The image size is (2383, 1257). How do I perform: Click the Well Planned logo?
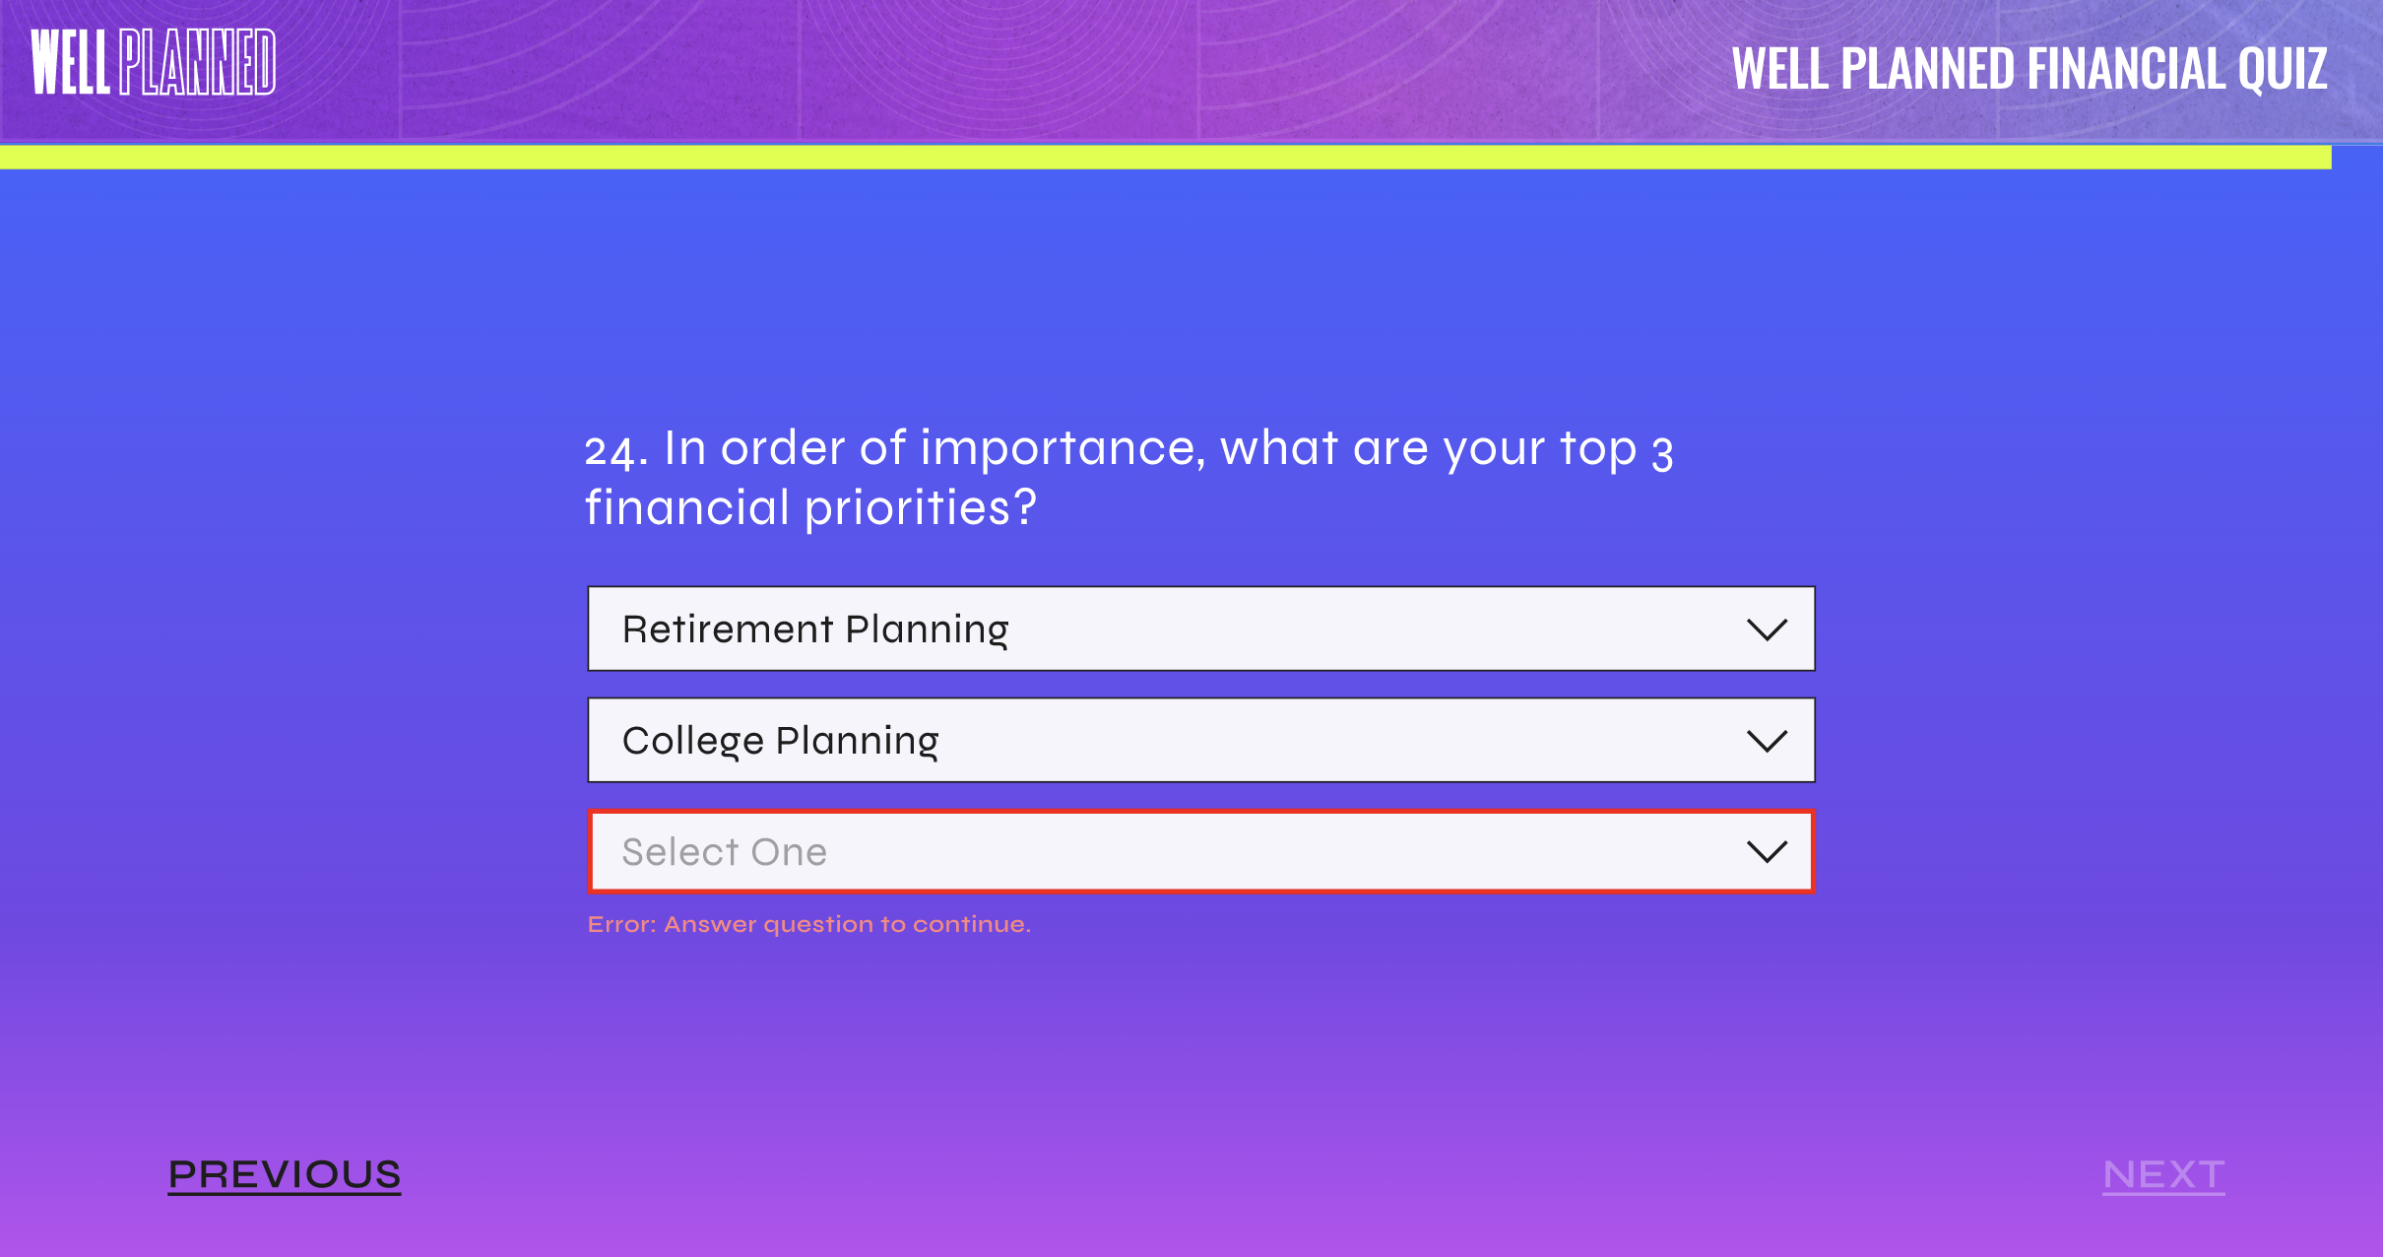pyautogui.click(x=154, y=62)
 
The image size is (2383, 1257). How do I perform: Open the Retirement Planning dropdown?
pyautogui.click(x=1201, y=628)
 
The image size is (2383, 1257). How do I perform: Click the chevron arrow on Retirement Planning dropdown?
pyautogui.click(x=1767, y=629)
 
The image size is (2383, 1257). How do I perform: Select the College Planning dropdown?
pyautogui.click(x=1201, y=740)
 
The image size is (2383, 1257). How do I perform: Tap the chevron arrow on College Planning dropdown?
pyautogui.click(x=1767, y=741)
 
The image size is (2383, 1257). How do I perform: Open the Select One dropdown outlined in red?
pyautogui.click(x=1201, y=851)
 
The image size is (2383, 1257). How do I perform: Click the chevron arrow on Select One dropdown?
pyautogui.click(x=1767, y=852)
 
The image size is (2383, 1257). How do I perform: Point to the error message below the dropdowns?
pyautogui.click(x=809, y=924)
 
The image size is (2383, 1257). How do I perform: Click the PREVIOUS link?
pyautogui.click(x=285, y=1175)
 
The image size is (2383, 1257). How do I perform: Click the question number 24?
pyautogui.click(x=616, y=451)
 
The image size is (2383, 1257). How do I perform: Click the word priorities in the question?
pyautogui.click(x=921, y=509)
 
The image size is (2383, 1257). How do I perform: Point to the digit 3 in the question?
pyautogui.click(x=1662, y=453)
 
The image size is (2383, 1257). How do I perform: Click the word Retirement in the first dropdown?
pyautogui.click(x=728, y=628)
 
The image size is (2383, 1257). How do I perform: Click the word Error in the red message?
pyautogui.click(x=621, y=924)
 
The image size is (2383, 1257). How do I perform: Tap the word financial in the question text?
pyautogui.click(x=687, y=508)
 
